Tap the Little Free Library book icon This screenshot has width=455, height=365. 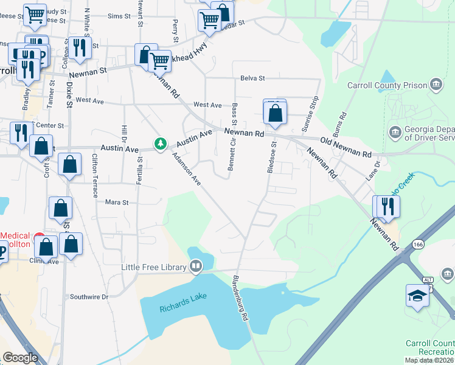(x=196, y=266)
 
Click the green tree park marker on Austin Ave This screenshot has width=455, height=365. (x=161, y=144)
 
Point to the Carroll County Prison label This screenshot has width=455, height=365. (x=385, y=85)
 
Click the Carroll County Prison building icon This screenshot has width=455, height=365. (x=436, y=84)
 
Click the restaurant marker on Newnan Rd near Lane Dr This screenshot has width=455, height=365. (x=387, y=207)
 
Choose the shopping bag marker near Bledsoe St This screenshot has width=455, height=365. (x=275, y=113)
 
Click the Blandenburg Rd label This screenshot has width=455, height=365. (x=242, y=299)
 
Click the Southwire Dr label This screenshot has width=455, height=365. (x=89, y=297)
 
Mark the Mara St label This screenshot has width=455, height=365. (x=117, y=202)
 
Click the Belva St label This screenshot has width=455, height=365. (x=252, y=78)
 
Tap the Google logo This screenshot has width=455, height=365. (x=20, y=358)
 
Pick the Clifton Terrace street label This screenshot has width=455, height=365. (x=95, y=175)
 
